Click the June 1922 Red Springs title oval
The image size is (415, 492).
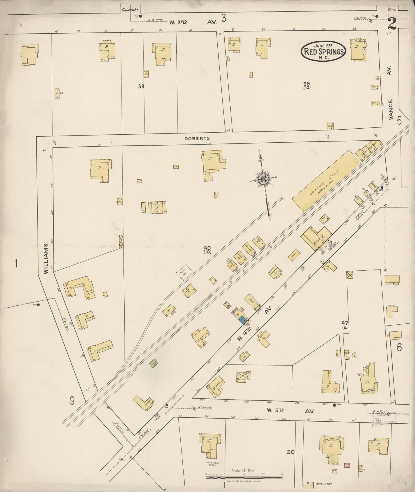(x=323, y=51)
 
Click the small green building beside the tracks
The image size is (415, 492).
(x=154, y=363)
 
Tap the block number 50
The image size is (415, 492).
(x=291, y=452)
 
